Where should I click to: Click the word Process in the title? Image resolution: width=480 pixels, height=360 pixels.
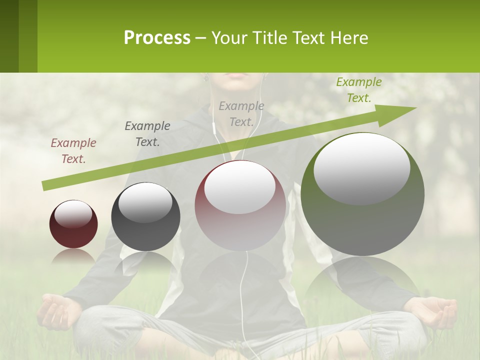click(157, 38)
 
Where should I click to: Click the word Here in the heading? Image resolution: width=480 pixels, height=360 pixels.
click(349, 38)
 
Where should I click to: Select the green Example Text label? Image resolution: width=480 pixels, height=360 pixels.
click(359, 90)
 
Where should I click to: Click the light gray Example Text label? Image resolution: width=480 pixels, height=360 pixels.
click(241, 114)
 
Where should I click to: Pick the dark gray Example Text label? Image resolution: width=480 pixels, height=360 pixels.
click(147, 134)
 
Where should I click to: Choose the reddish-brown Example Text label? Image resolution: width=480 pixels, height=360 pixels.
click(73, 151)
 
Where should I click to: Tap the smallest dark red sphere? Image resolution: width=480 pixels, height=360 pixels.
click(73, 224)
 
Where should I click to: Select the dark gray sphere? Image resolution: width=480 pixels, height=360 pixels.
click(145, 217)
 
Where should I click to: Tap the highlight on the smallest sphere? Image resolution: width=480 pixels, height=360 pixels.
click(73, 214)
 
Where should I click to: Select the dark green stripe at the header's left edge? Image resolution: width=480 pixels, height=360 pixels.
click(9, 36)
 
